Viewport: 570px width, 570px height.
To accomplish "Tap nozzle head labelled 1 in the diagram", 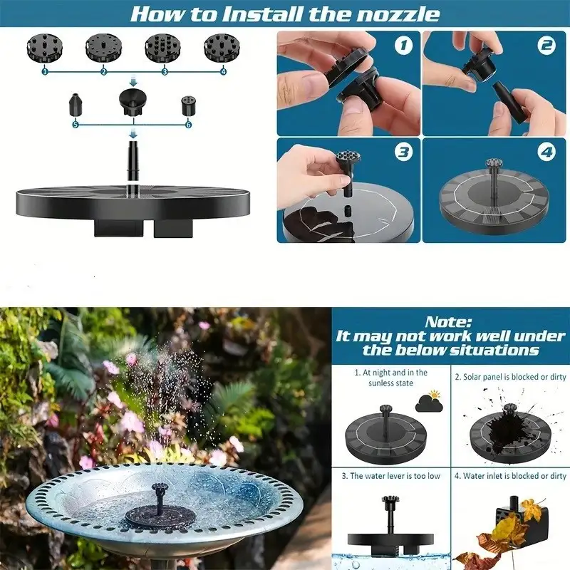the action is tap(45, 48).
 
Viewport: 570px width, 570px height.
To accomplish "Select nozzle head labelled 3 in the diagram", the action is tap(162, 48).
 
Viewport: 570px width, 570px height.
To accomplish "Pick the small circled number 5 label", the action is tap(76, 125).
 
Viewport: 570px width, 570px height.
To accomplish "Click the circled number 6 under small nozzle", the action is tap(188, 125).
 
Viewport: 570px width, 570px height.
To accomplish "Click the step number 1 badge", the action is tap(404, 46).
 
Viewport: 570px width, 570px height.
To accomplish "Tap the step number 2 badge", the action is tap(546, 46).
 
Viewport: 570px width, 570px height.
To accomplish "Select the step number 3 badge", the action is tap(404, 152).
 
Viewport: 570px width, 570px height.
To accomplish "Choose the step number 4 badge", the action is tap(546, 152).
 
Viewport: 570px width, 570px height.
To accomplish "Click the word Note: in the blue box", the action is tap(448, 322).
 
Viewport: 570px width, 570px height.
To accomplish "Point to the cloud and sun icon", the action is tap(430, 401).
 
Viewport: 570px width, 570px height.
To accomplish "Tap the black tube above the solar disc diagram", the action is tap(133, 161).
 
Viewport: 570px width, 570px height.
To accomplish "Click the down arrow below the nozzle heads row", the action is tap(133, 82).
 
